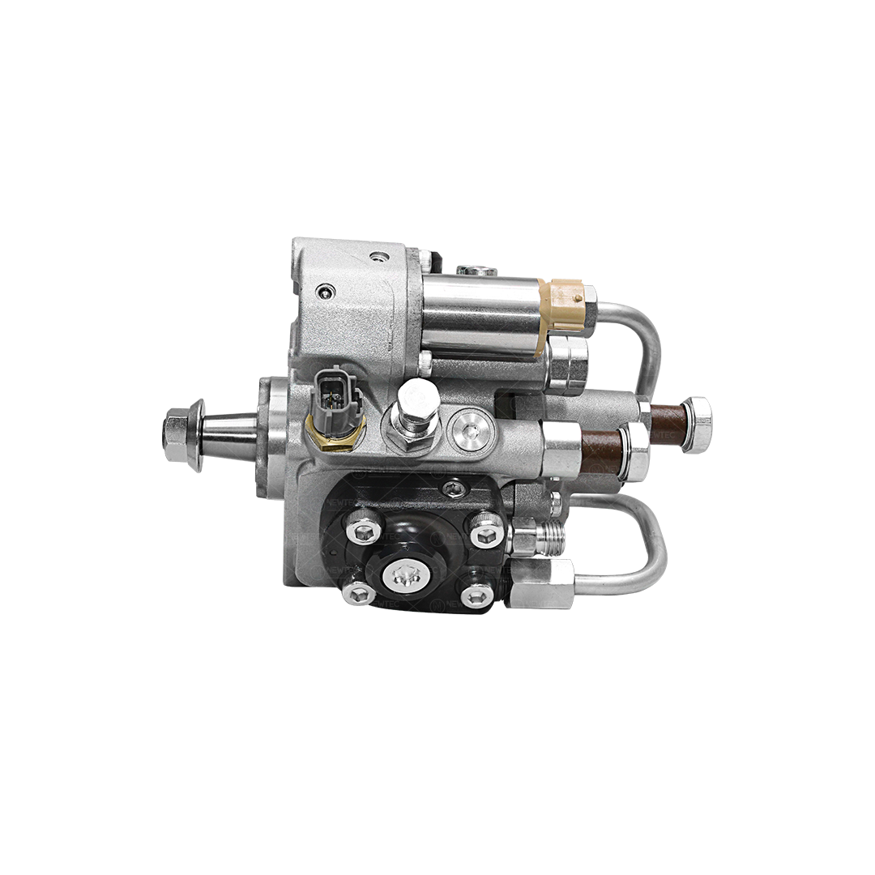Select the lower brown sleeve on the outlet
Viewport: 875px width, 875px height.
click(x=601, y=450)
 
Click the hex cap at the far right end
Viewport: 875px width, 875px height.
click(x=698, y=424)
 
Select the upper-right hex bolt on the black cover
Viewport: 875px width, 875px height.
click(x=488, y=532)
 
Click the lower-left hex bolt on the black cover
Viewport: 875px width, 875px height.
click(x=358, y=594)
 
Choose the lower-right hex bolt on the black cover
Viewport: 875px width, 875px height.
click(x=476, y=595)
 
